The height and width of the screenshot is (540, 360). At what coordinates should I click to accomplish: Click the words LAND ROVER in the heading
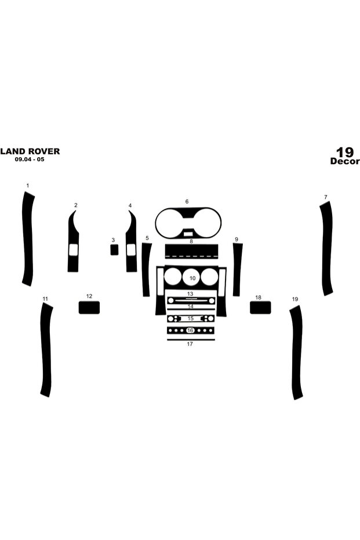pyautogui.click(x=30, y=151)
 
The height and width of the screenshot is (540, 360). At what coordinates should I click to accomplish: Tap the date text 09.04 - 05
pyautogui.click(x=29, y=160)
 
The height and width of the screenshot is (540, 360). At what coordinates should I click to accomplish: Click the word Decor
pyautogui.click(x=345, y=161)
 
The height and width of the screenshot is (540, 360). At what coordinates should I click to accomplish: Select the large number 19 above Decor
pyautogui.click(x=345, y=152)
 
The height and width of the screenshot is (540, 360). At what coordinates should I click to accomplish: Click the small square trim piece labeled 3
pyautogui.click(x=114, y=249)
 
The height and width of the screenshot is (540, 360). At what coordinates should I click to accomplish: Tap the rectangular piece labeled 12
pyautogui.click(x=89, y=307)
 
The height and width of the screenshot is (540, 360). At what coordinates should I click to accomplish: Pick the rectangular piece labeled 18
pyautogui.click(x=260, y=307)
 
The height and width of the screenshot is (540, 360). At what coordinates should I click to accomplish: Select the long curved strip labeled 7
pyautogui.click(x=326, y=248)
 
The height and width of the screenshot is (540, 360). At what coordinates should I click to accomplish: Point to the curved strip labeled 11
pyautogui.click(x=46, y=350)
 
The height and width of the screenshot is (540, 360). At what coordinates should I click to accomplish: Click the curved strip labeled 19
pyautogui.click(x=296, y=352)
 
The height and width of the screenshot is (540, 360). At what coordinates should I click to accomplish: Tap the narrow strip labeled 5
pyautogui.click(x=147, y=269)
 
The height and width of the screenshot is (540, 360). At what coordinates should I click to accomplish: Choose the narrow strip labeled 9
pyautogui.click(x=237, y=269)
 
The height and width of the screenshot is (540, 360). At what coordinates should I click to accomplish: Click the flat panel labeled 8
pyautogui.click(x=191, y=251)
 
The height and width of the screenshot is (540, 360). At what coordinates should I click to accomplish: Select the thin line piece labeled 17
pyautogui.click(x=191, y=340)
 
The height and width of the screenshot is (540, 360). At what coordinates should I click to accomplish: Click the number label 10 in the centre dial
pyautogui.click(x=192, y=278)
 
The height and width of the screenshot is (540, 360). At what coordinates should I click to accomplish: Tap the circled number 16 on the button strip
pyautogui.click(x=190, y=331)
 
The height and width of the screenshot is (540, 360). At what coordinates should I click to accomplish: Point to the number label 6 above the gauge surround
pyautogui.click(x=187, y=201)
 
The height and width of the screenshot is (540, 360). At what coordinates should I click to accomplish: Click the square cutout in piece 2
pyautogui.click(x=73, y=250)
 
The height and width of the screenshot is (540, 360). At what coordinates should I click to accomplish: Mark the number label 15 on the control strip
pyautogui.click(x=191, y=318)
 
